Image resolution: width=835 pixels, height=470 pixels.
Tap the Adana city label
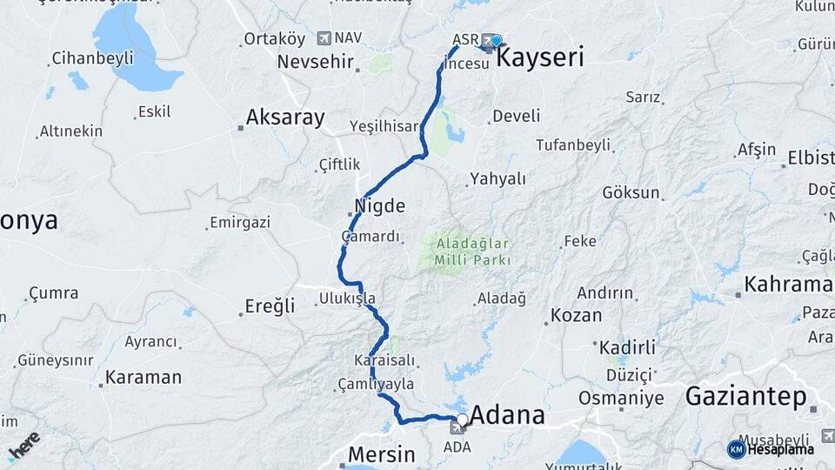point(507,415)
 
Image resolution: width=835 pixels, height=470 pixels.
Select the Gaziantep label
point(746,396)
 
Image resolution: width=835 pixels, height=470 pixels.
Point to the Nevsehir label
point(316,62)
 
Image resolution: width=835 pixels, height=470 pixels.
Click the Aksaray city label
point(285,117)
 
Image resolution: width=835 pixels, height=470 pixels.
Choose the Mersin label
point(381,454)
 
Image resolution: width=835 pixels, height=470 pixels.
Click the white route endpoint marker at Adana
point(462,420)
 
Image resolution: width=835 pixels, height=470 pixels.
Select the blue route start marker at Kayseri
point(496,40)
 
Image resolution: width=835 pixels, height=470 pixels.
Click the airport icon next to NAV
point(324,37)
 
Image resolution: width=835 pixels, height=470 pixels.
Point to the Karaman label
point(144,378)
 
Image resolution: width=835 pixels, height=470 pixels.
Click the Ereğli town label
point(269,305)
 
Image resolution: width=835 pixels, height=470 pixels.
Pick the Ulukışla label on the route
point(347,299)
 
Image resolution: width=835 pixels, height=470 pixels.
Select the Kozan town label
point(576,315)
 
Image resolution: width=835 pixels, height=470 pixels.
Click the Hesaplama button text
point(780,449)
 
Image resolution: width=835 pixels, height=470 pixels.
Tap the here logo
point(23,445)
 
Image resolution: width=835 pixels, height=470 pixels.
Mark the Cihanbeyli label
point(92,58)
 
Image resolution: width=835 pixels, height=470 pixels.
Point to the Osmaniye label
point(621,399)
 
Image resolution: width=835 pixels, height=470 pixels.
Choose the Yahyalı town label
point(498,178)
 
